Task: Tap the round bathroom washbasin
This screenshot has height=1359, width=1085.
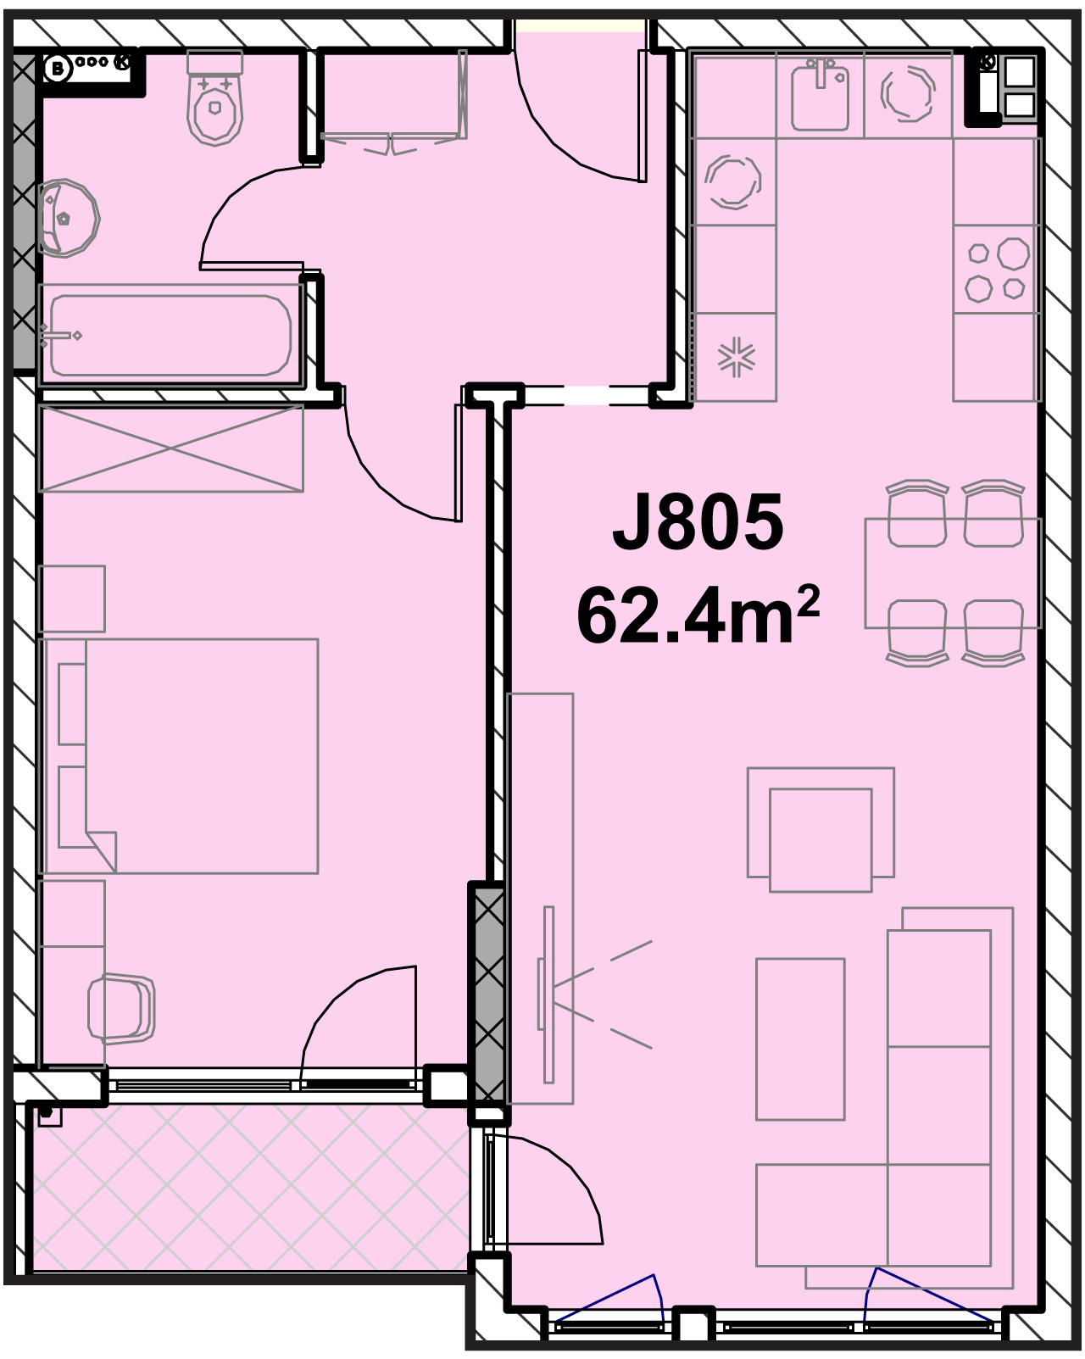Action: pos(68,218)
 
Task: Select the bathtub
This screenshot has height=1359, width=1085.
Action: pos(170,335)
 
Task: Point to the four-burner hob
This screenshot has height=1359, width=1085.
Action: pos(997,270)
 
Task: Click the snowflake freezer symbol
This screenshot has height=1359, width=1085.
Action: pos(736,358)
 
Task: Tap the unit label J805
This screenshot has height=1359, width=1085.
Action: pos(698,521)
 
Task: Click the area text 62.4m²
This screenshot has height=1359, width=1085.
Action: pos(698,614)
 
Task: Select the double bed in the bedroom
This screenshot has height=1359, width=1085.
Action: pos(181,756)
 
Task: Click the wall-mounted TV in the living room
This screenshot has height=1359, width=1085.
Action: pos(547,994)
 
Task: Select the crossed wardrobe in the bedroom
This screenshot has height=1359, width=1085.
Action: pos(171,449)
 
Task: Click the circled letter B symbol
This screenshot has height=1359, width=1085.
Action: pos(57,69)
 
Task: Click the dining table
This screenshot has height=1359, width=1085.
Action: pos(953,573)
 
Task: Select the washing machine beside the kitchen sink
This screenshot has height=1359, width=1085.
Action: pos(909,94)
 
